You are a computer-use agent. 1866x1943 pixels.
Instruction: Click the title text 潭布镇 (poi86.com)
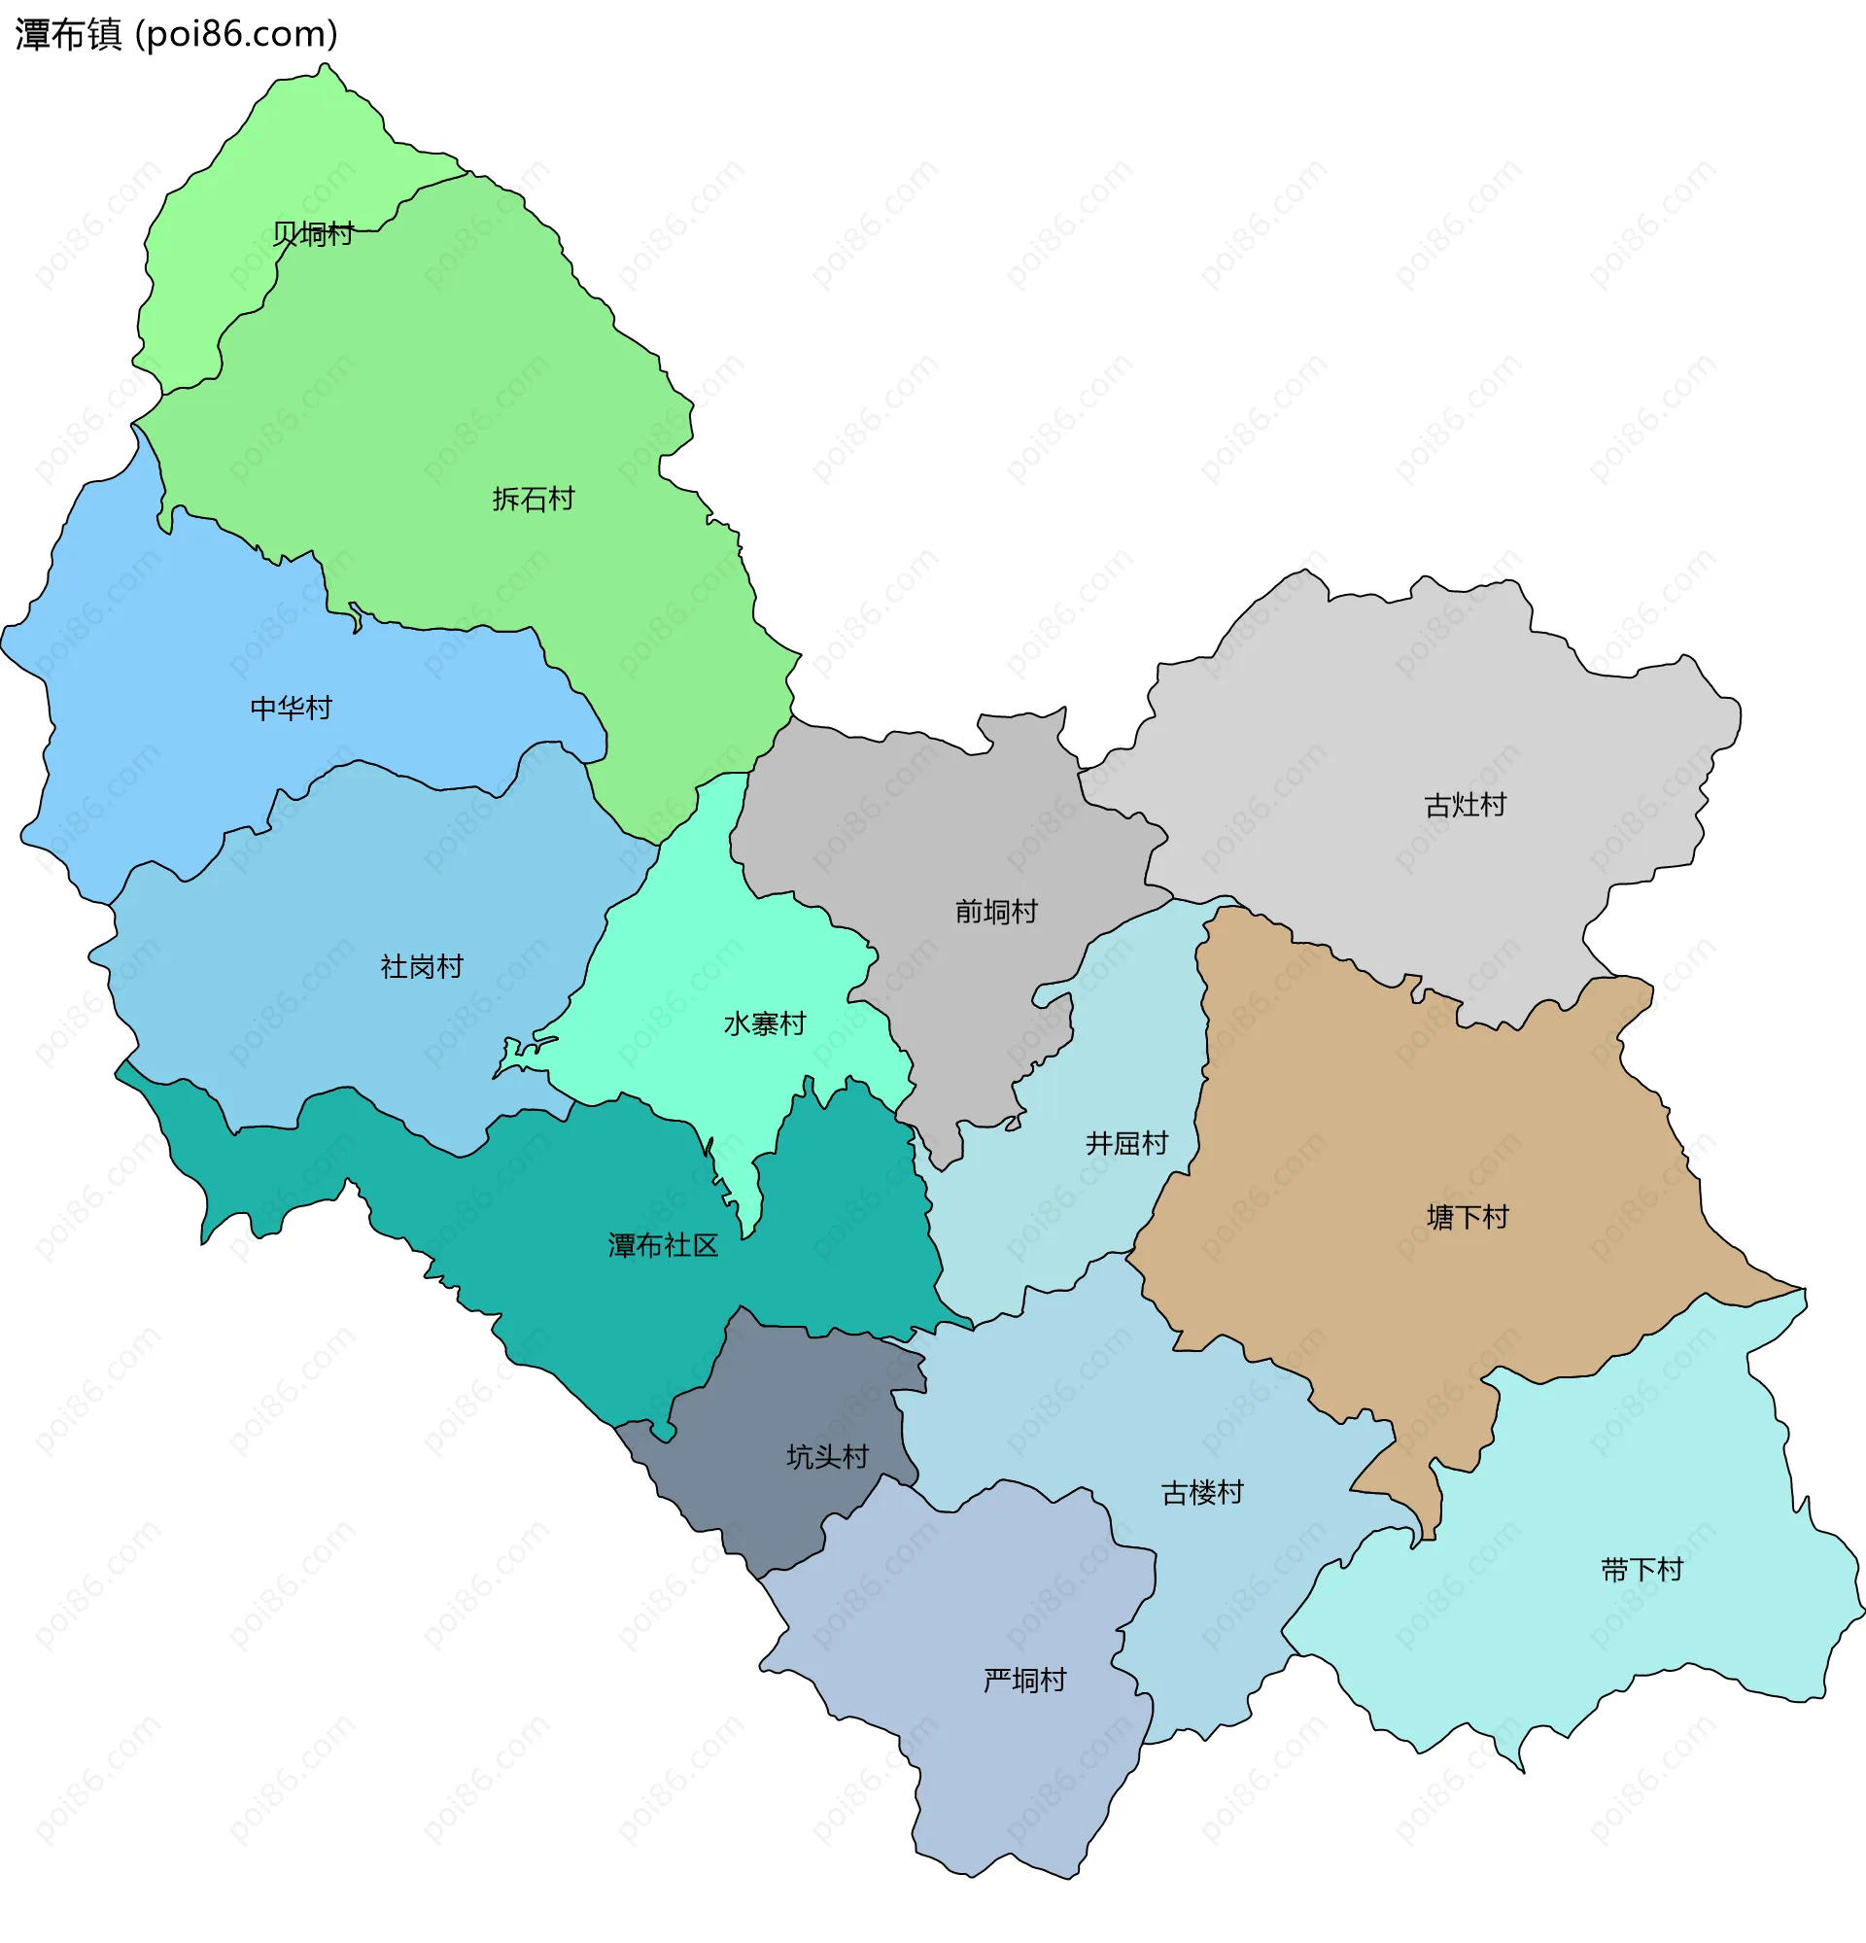[x=176, y=35]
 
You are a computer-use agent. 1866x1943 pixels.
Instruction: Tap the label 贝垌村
[x=313, y=234]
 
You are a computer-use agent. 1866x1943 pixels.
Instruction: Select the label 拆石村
[x=534, y=499]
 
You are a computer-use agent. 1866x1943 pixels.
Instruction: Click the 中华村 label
[x=291, y=708]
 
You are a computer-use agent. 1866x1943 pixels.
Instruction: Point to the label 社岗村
[x=421, y=966]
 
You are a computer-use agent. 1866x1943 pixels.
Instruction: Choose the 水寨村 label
[x=764, y=1024]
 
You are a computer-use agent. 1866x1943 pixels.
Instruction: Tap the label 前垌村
[x=996, y=911]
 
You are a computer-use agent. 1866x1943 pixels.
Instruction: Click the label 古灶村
[x=1465, y=805]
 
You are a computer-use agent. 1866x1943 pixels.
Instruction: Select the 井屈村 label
[x=1126, y=1143]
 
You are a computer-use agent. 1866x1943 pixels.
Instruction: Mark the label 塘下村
[x=1467, y=1216]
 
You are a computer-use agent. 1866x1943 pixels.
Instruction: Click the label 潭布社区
[x=662, y=1245]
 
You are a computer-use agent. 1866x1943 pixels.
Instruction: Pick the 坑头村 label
[x=826, y=1456]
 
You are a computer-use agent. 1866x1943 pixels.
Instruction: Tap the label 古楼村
[x=1202, y=1492]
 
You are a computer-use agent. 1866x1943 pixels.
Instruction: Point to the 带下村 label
[x=1641, y=1569]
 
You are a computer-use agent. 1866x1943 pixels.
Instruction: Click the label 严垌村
[x=1024, y=1681]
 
